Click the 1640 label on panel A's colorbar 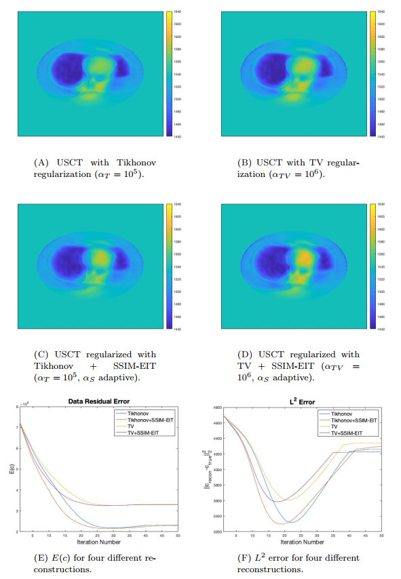(x=179, y=12)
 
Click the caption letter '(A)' (x=39, y=163)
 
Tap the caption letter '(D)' (x=234, y=355)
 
